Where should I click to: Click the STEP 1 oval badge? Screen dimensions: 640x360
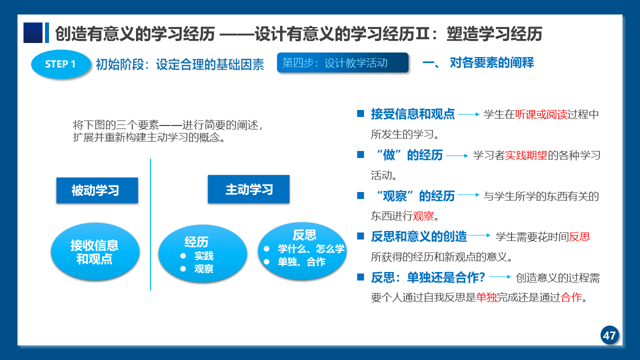tap(61, 64)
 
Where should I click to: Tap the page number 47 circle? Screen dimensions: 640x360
tap(609, 335)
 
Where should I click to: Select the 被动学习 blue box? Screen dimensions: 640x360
tap(97, 190)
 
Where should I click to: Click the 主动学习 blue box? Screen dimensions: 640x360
tap(248, 189)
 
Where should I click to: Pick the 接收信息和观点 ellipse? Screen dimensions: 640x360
tap(95, 251)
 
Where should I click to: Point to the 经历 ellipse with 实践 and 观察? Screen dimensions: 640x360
tap(202, 253)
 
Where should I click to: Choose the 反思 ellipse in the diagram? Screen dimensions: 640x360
tap(302, 251)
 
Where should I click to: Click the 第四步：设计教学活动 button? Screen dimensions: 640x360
tap(342, 62)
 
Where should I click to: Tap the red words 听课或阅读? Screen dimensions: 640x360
tap(541, 114)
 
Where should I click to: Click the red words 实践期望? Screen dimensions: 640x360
tap(526, 155)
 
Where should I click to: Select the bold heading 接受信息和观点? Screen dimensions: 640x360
tap(412, 114)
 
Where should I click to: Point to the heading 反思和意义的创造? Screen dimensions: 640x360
tap(418, 236)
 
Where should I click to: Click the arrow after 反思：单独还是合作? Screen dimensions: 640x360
tap(500, 277)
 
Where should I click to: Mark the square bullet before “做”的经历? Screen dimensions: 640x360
tap(360, 154)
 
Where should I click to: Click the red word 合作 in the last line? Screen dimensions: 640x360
tap(571, 297)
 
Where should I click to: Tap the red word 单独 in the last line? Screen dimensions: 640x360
tap(486, 297)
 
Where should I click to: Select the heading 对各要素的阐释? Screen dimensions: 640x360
tap(491, 62)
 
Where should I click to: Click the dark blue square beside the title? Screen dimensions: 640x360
tap(33, 33)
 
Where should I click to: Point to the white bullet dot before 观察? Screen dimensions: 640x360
tap(183, 269)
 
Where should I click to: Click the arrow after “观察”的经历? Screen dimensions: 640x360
tap(468, 195)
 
